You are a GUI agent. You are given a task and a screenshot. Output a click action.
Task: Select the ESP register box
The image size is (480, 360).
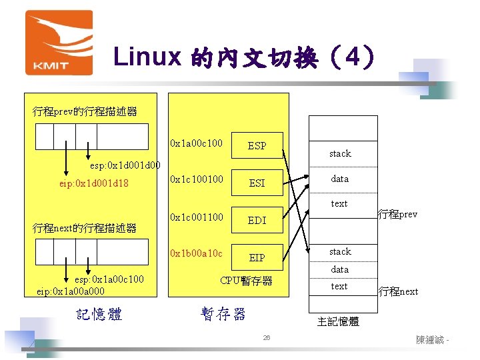coord(257,145)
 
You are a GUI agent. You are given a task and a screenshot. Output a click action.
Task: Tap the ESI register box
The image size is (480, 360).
coord(257,183)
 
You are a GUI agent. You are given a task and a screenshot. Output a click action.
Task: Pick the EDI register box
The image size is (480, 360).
coord(257,220)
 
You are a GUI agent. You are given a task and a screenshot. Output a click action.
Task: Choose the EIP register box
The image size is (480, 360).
coord(257,257)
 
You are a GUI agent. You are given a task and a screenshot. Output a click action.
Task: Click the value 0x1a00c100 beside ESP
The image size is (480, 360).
coord(197,143)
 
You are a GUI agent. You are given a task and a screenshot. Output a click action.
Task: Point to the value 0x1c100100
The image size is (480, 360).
coord(197,179)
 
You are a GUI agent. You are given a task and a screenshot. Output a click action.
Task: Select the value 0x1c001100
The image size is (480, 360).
coord(197,217)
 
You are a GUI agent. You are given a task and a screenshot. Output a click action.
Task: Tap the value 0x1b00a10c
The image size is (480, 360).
coord(197,253)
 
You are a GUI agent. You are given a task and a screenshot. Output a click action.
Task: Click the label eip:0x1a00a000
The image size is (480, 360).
coord(71,291)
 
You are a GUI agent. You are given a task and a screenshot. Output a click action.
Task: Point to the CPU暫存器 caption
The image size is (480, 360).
coord(246,281)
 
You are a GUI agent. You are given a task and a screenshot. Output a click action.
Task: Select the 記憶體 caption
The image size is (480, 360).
coord(99,315)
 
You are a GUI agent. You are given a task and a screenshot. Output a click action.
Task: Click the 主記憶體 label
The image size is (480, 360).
coord(338,321)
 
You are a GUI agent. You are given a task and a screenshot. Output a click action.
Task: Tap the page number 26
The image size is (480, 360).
coord(266,339)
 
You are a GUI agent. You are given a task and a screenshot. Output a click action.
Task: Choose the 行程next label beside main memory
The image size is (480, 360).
coord(398,291)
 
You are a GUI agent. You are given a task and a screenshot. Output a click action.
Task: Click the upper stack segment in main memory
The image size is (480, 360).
coord(339,153)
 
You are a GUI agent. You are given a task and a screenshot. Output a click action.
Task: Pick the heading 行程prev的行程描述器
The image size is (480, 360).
coord(85,111)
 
